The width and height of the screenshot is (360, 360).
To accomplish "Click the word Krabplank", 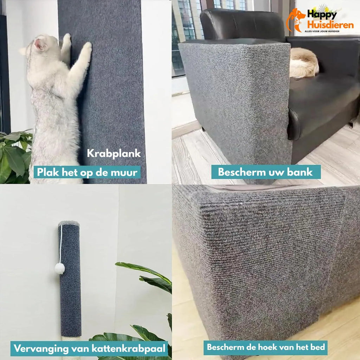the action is [x=114, y=154].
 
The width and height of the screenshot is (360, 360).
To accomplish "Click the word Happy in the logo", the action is [x=322, y=14].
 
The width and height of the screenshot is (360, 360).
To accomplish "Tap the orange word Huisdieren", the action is [x=330, y=25].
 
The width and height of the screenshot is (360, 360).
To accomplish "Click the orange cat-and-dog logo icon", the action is [x=296, y=20].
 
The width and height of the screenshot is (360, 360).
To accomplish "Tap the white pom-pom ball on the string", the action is [x=60, y=268].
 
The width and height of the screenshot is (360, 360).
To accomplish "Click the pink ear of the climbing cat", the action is [x=38, y=44].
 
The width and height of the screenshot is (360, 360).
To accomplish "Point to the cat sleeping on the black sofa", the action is [x=304, y=63].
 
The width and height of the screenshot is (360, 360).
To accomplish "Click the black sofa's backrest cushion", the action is [x=242, y=24].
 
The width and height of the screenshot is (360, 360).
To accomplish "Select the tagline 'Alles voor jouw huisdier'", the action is [x=322, y=31].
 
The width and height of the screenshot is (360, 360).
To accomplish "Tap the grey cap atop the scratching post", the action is [x=69, y=223].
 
